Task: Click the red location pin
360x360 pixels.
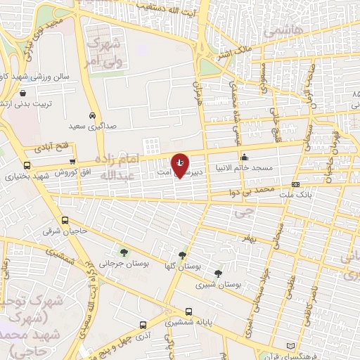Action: tap(181, 165)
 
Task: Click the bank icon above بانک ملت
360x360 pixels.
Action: tap(295, 184)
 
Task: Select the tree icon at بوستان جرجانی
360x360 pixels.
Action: tap(124, 252)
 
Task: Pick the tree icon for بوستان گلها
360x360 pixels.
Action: tap(183, 256)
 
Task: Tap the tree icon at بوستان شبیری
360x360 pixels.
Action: tap(219, 274)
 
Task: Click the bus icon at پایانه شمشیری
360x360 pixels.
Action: tap(188, 311)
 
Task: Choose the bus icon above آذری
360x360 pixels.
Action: tap(143, 326)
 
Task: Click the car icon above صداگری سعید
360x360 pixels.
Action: tap(93, 115)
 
